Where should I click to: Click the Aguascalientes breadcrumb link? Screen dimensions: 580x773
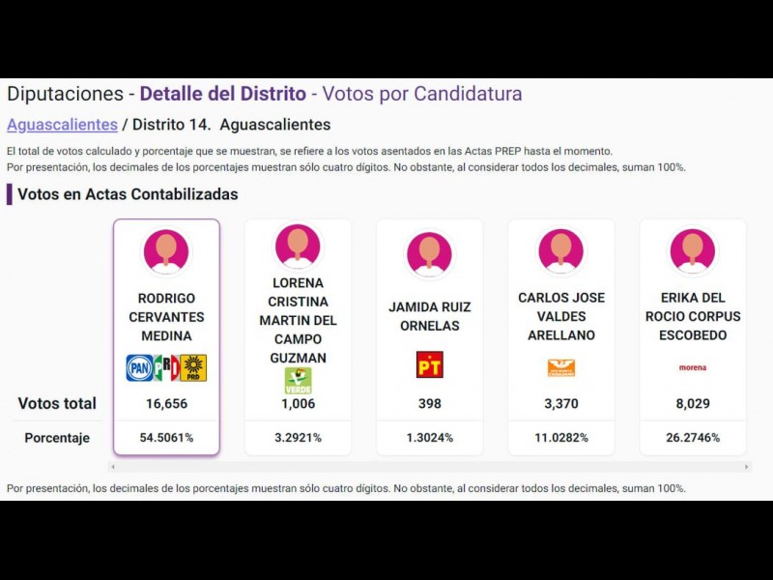[62, 125]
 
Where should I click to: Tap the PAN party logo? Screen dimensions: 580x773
[140, 367]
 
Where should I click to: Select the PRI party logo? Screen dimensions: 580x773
[166, 367]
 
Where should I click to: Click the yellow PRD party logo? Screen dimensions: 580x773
[193, 367]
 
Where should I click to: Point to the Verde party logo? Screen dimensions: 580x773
[298, 380]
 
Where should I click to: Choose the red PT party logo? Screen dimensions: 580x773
[429, 364]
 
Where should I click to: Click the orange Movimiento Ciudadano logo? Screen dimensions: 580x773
[560, 367]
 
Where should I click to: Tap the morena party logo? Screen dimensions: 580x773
[692, 367]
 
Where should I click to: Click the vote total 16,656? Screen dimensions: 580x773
[166, 404]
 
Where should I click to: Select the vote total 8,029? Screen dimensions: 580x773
[692, 404]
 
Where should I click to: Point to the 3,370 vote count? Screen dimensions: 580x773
[560, 404]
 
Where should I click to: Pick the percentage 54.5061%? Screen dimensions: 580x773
[166, 438]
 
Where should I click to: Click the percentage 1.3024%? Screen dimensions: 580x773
[429, 438]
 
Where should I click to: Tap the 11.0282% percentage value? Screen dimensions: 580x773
[560, 438]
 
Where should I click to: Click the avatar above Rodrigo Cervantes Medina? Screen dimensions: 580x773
[166, 251]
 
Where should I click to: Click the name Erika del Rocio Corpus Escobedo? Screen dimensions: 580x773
[692, 316]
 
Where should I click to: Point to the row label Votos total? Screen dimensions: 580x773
[57, 404]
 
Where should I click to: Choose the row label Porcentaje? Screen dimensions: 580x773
[57, 438]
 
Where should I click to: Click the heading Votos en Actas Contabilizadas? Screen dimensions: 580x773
[128, 194]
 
